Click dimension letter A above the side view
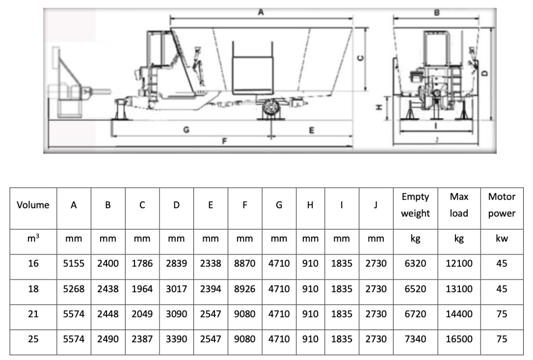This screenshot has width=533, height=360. [x=261, y=13]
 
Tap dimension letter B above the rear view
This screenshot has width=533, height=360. [x=437, y=12]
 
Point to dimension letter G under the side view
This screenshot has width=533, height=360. [x=186, y=130]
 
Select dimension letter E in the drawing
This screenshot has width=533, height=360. [x=311, y=130]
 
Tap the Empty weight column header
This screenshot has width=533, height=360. [x=415, y=205]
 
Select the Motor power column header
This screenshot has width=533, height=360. [x=502, y=205]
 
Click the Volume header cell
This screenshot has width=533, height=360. [x=33, y=205]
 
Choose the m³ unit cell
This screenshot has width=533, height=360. [x=33, y=238]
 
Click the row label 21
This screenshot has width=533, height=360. [x=33, y=314]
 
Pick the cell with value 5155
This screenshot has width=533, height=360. [x=74, y=263]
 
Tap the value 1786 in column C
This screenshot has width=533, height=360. [x=142, y=263]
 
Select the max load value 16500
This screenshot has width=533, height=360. [x=459, y=339]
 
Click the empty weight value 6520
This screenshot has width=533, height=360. [x=415, y=289]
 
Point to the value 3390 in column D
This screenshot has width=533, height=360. [x=176, y=339]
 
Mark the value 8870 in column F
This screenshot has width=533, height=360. [x=244, y=263]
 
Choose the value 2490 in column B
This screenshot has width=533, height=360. [x=108, y=339]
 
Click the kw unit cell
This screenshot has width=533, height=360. [x=502, y=238]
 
